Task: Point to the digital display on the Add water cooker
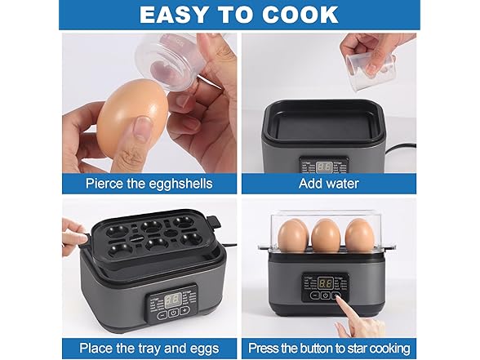click(x=325, y=167)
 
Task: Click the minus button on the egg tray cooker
click(x=162, y=311)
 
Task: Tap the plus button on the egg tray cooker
click(x=184, y=311)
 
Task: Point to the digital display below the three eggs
click(x=327, y=282)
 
